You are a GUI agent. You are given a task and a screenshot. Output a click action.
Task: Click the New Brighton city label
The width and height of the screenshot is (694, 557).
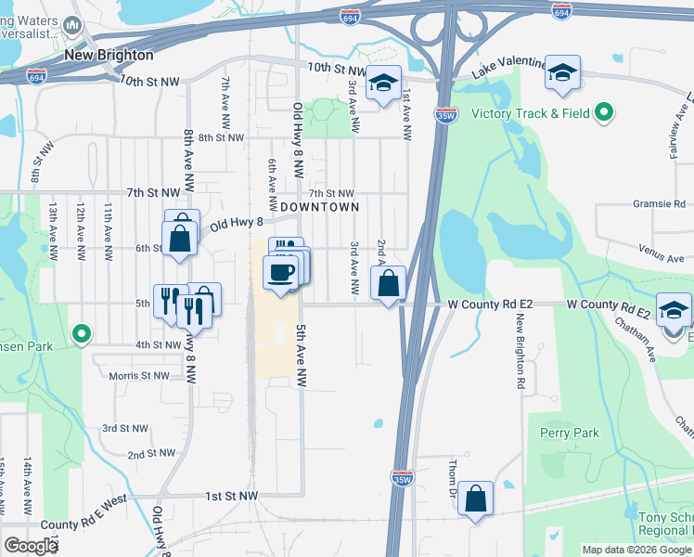(x=108, y=55)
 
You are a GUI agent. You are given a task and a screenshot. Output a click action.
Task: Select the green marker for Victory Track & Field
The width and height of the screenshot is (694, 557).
(x=604, y=113)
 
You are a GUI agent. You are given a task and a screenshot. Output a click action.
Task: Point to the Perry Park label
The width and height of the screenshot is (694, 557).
(x=570, y=433)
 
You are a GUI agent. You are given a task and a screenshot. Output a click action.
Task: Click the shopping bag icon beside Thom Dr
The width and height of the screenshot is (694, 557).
(x=475, y=499)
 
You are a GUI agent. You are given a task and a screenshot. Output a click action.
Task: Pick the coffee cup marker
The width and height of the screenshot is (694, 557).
(x=280, y=272)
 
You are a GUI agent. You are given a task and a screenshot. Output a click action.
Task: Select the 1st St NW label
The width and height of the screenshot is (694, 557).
(x=231, y=497)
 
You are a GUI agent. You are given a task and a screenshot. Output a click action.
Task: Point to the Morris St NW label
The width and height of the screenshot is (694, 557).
(x=139, y=376)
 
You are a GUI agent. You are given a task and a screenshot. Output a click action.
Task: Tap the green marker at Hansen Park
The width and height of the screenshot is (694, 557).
(x=82, y=332)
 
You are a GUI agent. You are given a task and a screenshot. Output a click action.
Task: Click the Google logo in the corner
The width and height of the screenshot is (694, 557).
(x=31, y=546)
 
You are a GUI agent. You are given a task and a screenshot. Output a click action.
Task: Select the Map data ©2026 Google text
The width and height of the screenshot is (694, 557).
(x=636, y=550)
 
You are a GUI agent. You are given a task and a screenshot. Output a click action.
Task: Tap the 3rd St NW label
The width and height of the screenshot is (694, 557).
(x=125, y=428)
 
